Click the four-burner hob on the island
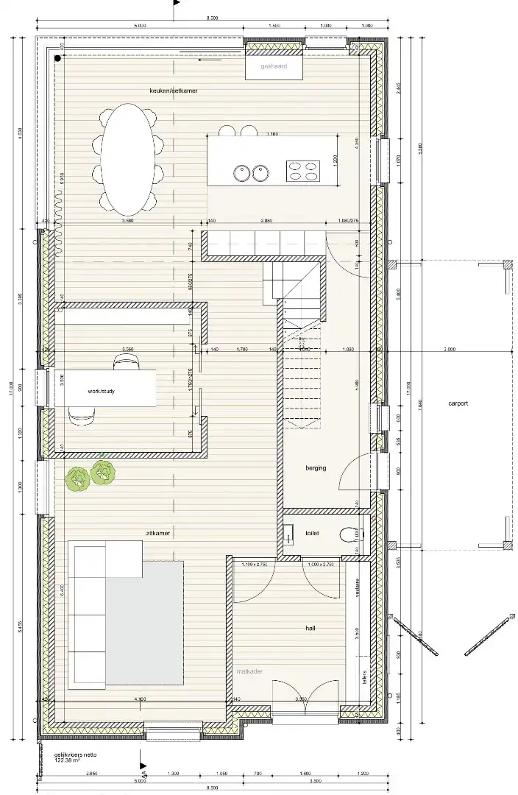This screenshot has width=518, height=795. (x=302, y=171)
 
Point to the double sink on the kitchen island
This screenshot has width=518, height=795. (x=249, y=173)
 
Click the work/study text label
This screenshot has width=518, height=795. (x=101, y=391)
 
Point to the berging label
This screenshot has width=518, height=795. (x=316, y=467)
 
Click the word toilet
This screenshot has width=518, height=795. (x=311, y=534)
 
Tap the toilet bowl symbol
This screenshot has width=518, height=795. (x=348, y=534)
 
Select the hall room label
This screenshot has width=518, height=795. (x=311, y=629)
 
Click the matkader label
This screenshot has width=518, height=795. (x=249, y=671)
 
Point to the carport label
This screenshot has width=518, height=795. (x=458, y=403)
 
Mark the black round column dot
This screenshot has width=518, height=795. (x=57, y=57)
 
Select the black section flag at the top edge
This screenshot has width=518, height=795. (x=176, y=4)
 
